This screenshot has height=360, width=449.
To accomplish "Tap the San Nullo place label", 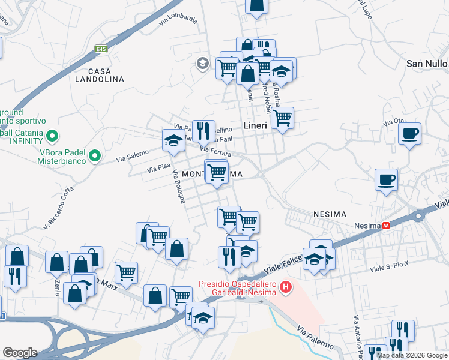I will click(427, 63).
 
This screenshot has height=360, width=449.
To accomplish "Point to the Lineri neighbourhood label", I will click(259, 125).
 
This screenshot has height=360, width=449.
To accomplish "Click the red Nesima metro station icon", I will click(387, 226).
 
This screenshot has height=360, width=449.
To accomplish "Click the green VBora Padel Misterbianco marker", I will click(94, 157).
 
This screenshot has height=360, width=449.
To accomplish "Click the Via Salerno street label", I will click(132, 157).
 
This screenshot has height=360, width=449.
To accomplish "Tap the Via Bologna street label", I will click(178, 187).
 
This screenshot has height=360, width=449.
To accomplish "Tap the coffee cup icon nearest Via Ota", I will click(410, 134).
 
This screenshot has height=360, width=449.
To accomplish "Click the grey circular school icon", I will click(202, 63).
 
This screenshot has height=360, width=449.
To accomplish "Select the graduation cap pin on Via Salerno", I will click(173, 140).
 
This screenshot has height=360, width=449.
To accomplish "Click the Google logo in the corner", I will click(20, 353).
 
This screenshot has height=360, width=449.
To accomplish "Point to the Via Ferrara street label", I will click(215, 154).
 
